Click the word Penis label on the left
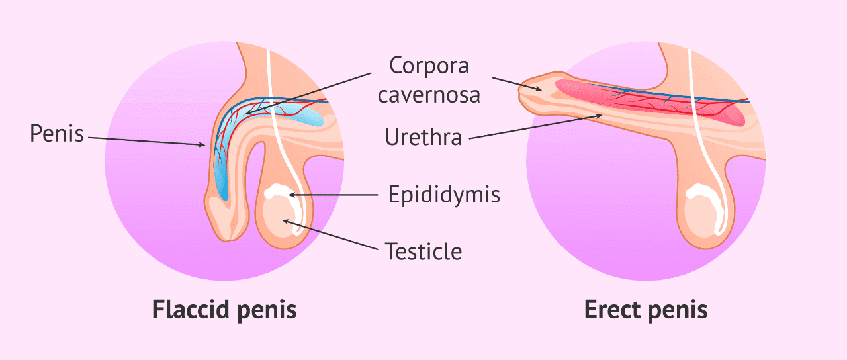(57, 134)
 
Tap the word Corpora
(429, 66)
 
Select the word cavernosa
(429, 95)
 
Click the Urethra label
(423, 137)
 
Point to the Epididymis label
(444, 195)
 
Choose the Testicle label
(423, 251)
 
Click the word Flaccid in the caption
(191, 309)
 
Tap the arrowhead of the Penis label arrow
(202, 144)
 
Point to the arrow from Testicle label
(330, 235)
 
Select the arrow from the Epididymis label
(333, 195)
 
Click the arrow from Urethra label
(535, 126)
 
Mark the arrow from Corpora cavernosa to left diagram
(308, 94)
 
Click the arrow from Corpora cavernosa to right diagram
(517, 84)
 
